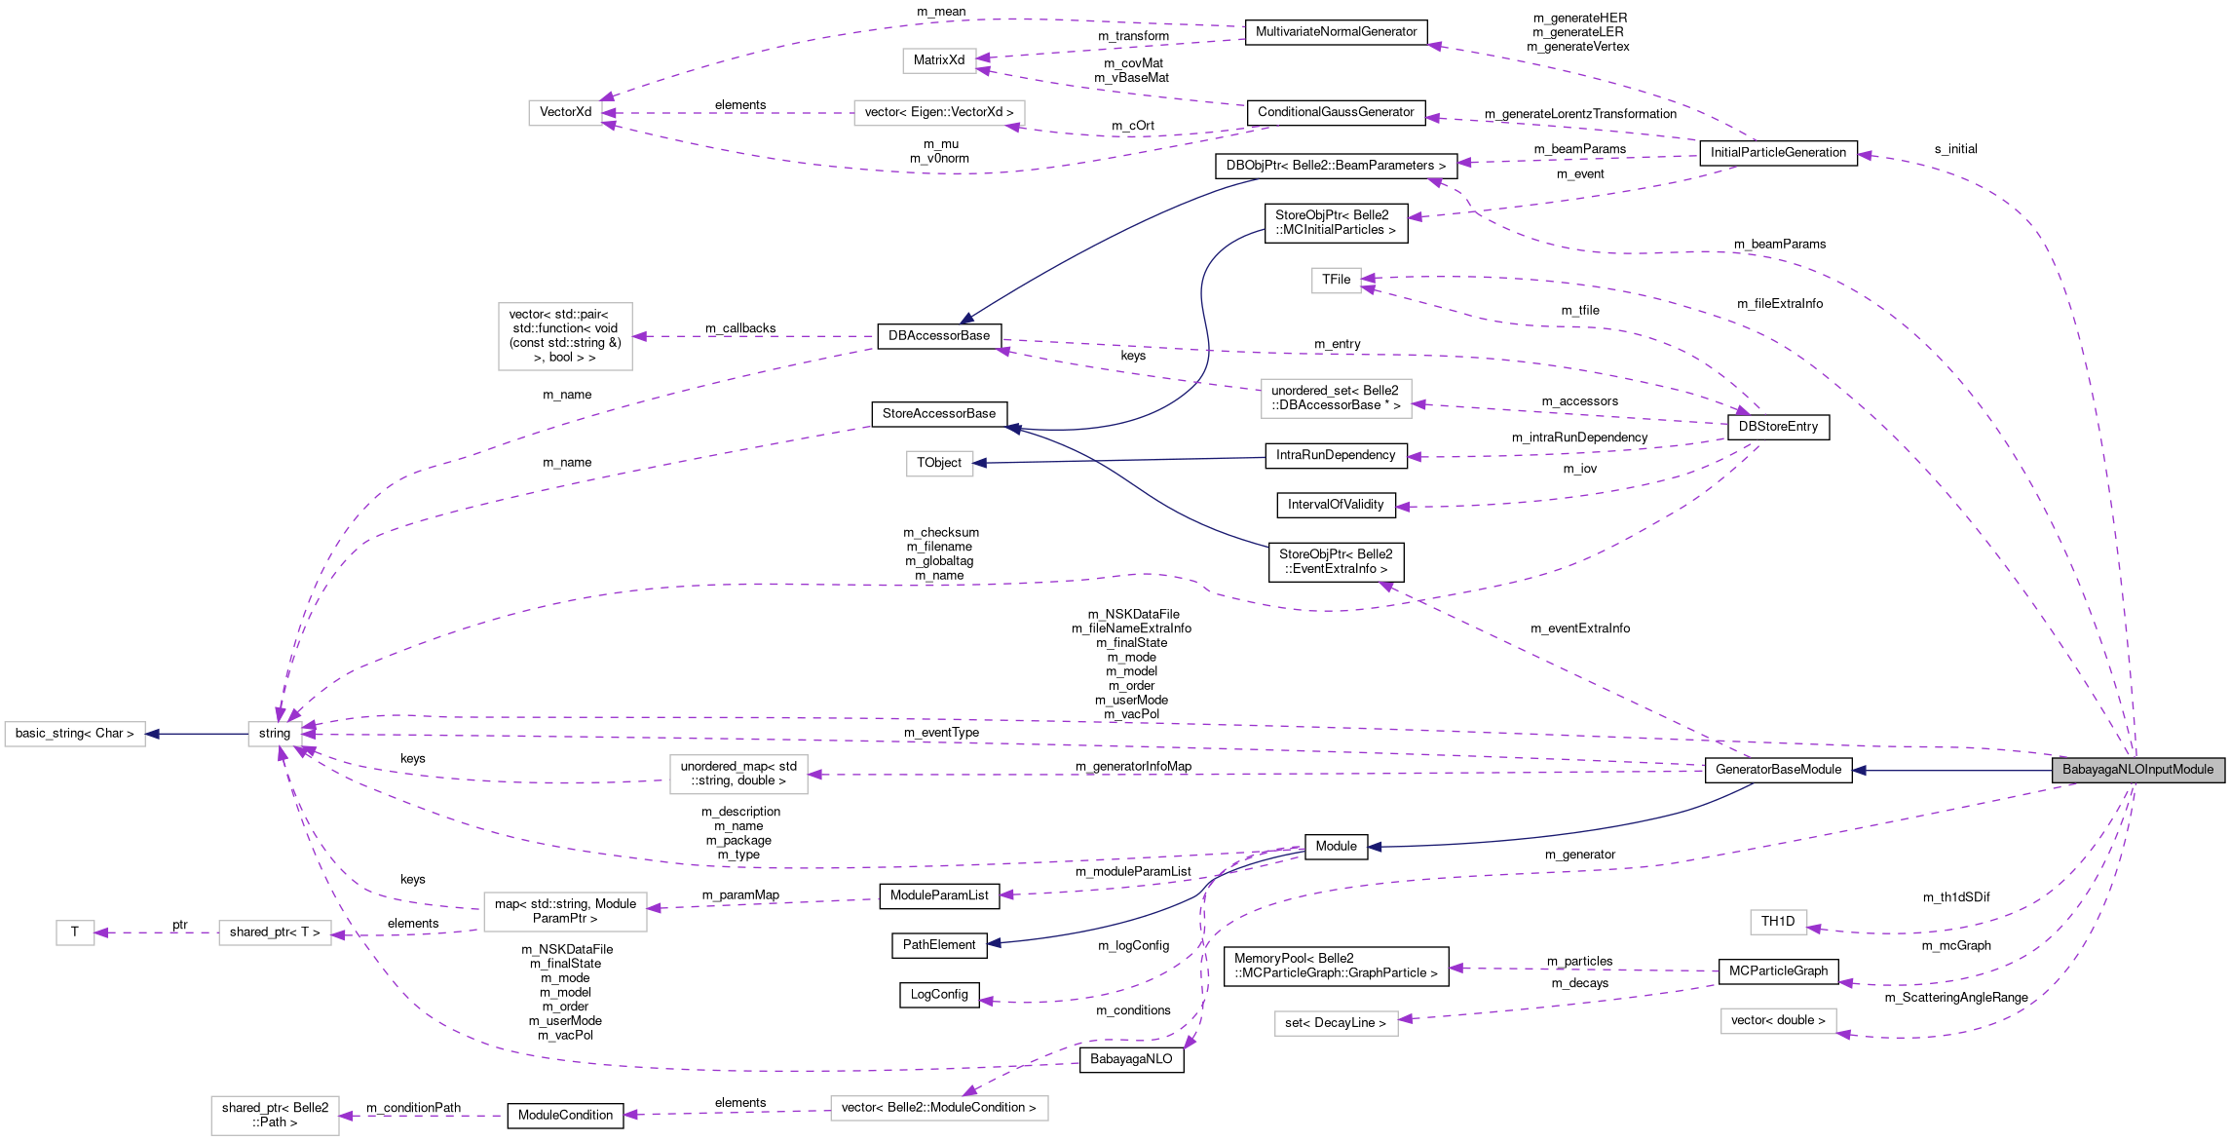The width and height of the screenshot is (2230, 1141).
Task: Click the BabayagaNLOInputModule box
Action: pyautogui.click(x=2137, y=770)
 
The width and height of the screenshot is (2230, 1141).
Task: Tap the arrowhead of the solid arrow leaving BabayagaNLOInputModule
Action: pyautogui.click(x=1859, y=771)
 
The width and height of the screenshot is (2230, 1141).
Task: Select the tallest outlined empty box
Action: pyautogui.click(x=565, y=336)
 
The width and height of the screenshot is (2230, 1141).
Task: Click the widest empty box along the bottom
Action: pyautogui.click(x=939, y=1108)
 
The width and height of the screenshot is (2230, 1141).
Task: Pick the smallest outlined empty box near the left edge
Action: pyautogui.click(x=75, y=932)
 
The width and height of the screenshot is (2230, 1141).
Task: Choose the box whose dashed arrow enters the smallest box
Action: pyautogui.click(x=275, y=932)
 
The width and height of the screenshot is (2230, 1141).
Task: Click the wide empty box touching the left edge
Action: pyautogui.click(x=75, y=734)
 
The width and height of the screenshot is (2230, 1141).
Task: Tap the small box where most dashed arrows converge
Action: pyautogui.click(x=275, y=734)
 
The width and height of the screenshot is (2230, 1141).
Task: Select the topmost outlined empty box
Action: pyautogui.click(x=939, y=60)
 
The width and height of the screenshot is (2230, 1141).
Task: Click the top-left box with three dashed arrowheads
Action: pyautogui.click(x=565, y=113)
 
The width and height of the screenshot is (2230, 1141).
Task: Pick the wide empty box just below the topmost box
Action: pyautogui.click(x=939, y=113)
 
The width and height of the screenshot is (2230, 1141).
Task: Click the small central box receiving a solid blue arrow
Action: pyautogui.click(x=939, y=464)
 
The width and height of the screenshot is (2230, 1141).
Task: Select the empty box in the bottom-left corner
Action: pyautogui.click(x=275, y=1116)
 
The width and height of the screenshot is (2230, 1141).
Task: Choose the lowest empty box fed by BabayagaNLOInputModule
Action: pyautogui.click(x=1778, y=1021)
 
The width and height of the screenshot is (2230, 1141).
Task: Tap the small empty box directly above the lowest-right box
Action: pyautogui.click(x=1778, y=922)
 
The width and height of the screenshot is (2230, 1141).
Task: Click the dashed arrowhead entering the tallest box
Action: pyautogui.click(x=640, y=336)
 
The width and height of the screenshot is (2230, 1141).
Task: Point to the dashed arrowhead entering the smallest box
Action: pyautogui.click(x=101, y=932)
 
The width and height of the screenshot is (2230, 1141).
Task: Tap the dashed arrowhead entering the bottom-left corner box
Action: pyautogui.click(x=346, y=1116)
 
